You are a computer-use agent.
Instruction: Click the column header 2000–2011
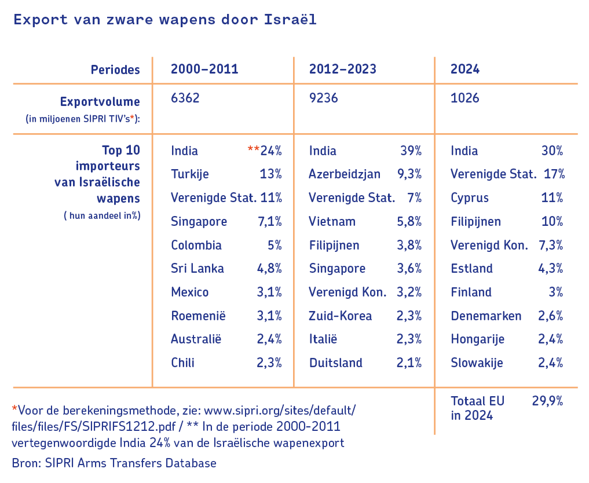click(x=204, y=69)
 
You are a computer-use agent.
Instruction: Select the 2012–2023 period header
click(x=343, y=69)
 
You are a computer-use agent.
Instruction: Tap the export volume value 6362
click(x=185, y=98)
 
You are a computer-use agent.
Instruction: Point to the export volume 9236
click(x=324, y=98)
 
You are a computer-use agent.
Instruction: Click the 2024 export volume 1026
click(x=465, y=98)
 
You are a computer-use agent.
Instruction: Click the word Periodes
click(x=115, y=70)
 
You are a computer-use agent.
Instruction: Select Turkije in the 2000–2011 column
click(x=190, y=174)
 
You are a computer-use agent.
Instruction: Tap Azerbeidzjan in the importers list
click(x=345, y=174)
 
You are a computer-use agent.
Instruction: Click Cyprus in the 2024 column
click(x=470, y=198)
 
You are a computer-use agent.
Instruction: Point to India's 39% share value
click(x=411, y=151)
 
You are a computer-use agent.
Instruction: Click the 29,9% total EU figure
click(x=547, y=401)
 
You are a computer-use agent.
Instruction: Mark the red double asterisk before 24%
click(x=253, y=149)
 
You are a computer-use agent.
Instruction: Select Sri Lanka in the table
click(x=197, y=269)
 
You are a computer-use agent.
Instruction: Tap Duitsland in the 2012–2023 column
click(x=336, y=363)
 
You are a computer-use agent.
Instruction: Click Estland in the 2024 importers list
click(x=472, y=269)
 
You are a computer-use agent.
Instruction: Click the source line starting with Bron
click(x=114, y=463)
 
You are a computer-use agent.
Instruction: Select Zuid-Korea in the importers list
click(x=341, y=316)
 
